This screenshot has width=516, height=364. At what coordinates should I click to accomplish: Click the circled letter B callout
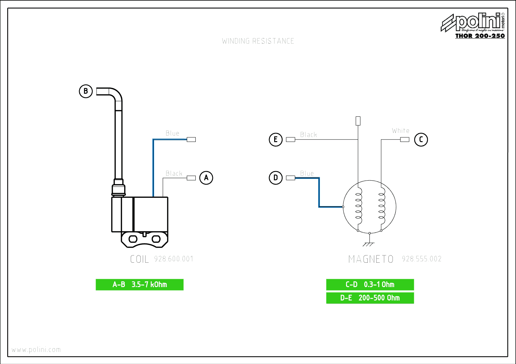tap(86, 91)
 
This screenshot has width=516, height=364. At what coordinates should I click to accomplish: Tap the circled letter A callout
tap(206, 178)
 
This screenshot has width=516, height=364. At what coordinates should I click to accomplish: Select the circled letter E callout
tap(276, 139)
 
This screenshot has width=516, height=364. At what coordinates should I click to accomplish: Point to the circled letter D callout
tap(276, 178)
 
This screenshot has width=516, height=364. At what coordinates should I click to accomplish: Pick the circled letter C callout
tap(421, 139)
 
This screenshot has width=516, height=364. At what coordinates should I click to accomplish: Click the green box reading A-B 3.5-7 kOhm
tap(140, 285)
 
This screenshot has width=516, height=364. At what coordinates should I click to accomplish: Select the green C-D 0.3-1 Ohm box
tap(370, 285)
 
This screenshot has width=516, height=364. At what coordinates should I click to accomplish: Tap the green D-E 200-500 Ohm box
tap(370, 298)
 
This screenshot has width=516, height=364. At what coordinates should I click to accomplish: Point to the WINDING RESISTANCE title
tap(258, 41)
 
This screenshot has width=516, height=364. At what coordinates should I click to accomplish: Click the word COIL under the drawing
tap(139, 259)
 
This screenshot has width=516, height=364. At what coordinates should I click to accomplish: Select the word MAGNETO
tap(371, 259)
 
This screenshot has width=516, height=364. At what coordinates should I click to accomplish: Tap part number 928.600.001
tap(174, 259)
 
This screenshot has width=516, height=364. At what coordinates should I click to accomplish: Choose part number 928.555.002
tap(421, 259)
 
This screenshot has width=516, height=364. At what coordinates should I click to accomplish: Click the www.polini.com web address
tap(36, 350)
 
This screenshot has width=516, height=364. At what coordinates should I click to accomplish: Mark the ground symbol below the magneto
tap(369, 244)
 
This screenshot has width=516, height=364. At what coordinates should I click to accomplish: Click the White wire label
tap(401, 131)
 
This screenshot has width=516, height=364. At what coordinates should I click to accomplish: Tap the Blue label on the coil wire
tap(172, 134)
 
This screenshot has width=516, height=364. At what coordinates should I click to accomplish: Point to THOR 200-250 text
tap(480, 36)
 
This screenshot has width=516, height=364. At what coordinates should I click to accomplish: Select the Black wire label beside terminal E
tap(309, 135)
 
